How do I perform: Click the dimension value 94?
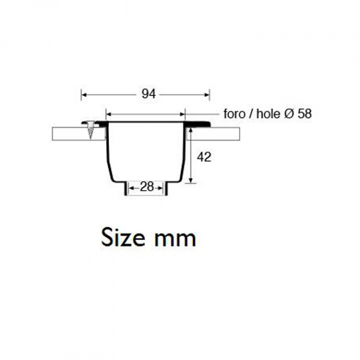click(149, 94)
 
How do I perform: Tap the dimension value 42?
click(204, 157)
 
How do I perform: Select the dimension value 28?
click(146, 186)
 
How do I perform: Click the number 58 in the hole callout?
click(304, 113)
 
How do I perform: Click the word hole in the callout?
click(268, 113)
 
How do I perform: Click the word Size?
click(123, 237)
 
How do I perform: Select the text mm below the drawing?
click(175, 239)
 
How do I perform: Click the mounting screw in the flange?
click(91, 130)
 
